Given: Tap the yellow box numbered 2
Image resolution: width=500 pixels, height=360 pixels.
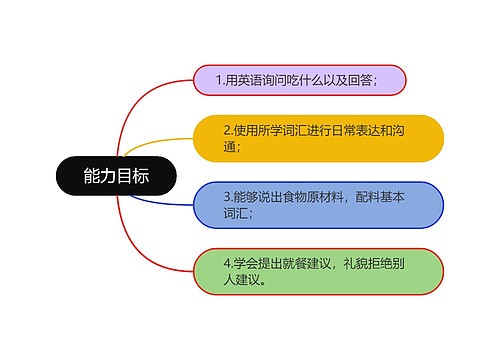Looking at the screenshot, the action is click(318, 138).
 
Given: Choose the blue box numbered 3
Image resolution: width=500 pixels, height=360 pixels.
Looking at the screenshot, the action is click(318, 205).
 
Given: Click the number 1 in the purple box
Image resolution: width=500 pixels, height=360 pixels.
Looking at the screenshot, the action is click(220, 80).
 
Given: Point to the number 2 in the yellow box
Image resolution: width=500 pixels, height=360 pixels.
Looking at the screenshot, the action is click(226, 130).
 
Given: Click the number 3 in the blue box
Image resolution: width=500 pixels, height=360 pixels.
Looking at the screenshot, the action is click(226, 197).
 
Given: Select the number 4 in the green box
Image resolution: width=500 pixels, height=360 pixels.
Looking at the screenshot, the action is click(227, 264).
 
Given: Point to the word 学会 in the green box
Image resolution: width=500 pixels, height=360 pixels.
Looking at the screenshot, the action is click(243, 264).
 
